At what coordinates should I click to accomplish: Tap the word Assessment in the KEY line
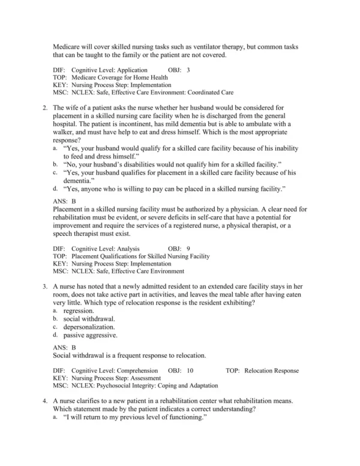coord(143,378)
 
